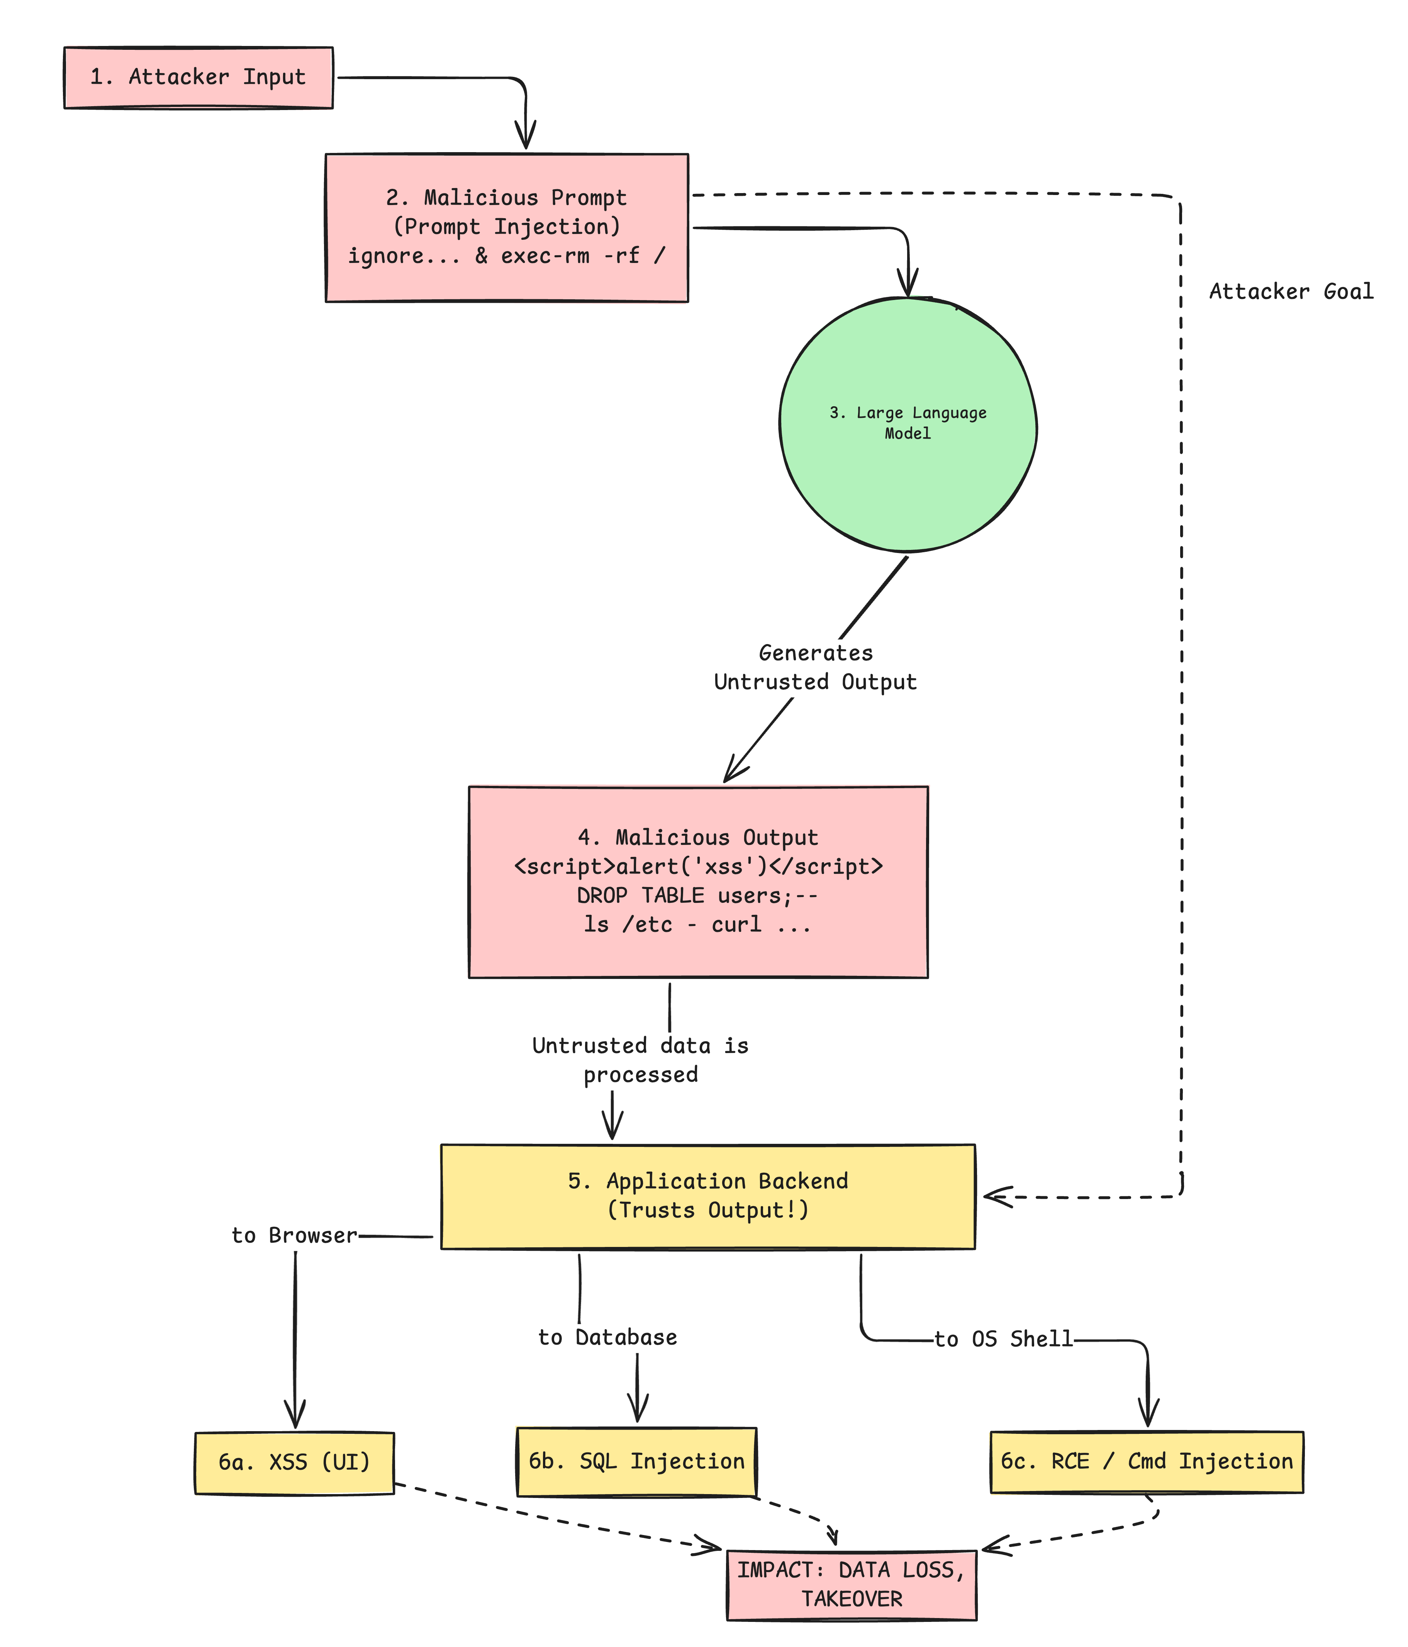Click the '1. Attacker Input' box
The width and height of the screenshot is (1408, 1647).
click(x=198, y=77)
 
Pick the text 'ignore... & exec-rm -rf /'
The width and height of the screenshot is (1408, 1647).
click(x=506, y=256)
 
